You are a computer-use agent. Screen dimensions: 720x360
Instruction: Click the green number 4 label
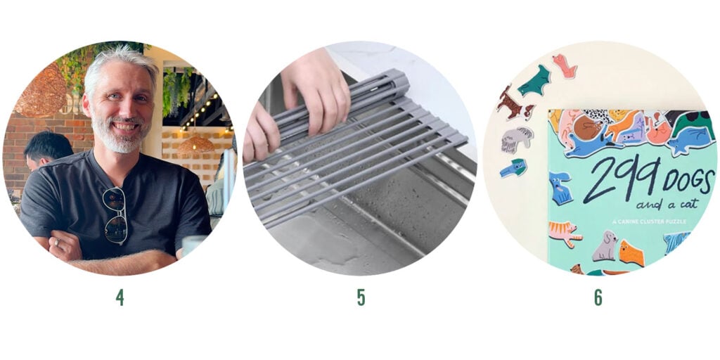(120, 297)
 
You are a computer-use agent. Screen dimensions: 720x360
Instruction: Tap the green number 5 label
(361, 297)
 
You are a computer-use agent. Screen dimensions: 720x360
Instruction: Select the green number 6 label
(598, 297)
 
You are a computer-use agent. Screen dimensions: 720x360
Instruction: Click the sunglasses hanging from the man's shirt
(115, 215)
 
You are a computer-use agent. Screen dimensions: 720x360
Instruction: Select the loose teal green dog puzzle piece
(535, 81)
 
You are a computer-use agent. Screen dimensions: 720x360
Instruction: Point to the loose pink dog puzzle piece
(565, 65)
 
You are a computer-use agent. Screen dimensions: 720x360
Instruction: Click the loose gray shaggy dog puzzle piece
(517, 139)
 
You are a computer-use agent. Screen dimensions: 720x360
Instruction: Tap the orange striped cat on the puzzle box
(565, 233)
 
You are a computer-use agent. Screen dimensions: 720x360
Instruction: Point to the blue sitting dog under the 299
(560, 187)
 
